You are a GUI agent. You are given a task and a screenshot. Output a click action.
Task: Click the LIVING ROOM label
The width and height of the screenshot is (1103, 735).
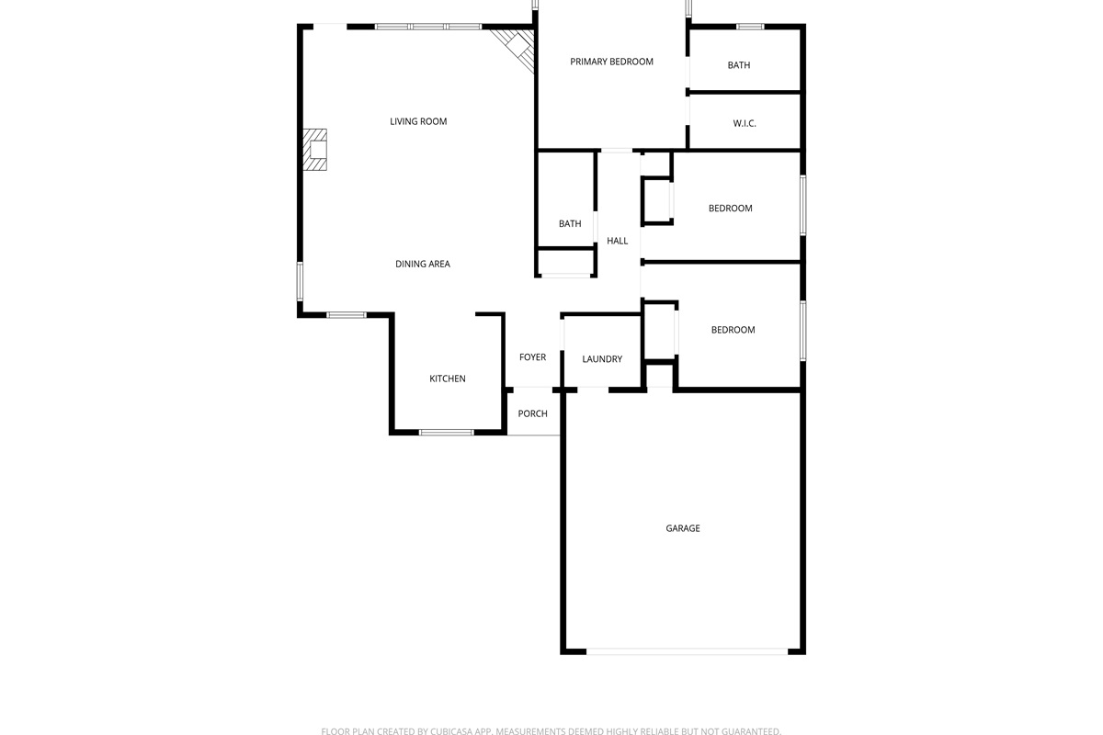click(418, 121)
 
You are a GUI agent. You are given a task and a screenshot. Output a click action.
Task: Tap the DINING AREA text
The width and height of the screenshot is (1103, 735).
click(423, 264)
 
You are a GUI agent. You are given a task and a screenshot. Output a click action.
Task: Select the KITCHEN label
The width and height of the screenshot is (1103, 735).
click(447, 379)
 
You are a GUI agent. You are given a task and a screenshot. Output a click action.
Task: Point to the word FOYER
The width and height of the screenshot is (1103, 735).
click(532, 356)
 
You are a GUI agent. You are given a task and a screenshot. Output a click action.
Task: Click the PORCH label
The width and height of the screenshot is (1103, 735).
click(532, 413)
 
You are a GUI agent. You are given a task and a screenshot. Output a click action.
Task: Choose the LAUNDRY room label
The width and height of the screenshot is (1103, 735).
click(602, 359)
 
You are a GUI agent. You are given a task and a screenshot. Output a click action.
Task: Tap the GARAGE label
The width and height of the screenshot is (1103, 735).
click(682, 528)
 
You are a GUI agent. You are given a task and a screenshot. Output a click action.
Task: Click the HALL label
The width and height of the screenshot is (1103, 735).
click(617, 241)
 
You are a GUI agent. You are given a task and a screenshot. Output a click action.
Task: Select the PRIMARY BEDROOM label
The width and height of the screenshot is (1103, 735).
click(611, 62)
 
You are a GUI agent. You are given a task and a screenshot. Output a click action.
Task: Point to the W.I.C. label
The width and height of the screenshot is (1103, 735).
click(744, 123)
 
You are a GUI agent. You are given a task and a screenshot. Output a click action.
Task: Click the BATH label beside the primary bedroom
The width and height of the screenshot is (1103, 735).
click(739, 65)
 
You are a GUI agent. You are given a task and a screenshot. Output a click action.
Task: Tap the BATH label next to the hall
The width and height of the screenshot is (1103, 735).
click(570, 223)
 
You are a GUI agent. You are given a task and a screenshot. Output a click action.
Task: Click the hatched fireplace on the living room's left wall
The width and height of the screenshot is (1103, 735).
click(314, 150)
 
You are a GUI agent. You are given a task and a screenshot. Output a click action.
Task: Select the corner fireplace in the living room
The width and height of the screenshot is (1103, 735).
click(517, 49)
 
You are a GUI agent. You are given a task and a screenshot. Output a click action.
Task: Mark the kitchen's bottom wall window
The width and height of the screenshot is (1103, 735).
click(446, 432)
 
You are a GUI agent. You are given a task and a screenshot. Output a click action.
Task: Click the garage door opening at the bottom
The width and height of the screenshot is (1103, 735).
click(687, 651)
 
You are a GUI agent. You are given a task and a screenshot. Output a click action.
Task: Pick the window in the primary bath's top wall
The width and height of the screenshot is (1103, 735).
click(750, 27)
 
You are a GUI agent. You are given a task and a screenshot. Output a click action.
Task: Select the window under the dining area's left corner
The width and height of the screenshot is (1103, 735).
click(347, 315)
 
